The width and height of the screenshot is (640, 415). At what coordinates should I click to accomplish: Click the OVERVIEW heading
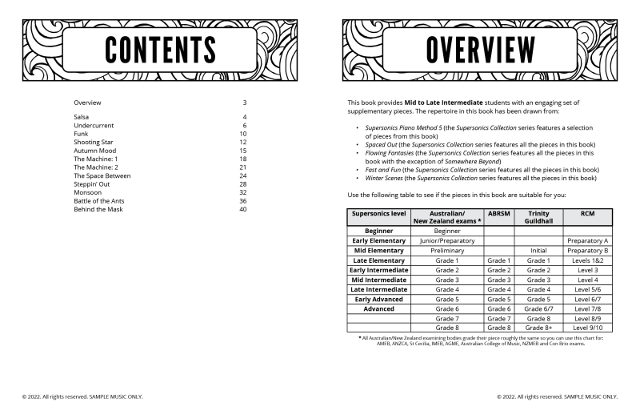480,50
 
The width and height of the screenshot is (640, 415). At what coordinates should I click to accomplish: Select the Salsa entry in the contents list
82,117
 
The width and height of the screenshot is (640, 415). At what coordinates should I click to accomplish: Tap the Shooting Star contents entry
93,142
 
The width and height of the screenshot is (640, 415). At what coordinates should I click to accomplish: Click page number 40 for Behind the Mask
243,209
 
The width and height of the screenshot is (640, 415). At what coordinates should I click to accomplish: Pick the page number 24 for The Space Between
243,175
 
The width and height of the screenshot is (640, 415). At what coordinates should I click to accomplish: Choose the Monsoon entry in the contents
87,192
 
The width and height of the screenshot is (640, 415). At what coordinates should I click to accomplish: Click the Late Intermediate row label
378,289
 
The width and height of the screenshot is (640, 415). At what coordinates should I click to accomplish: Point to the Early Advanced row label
378,299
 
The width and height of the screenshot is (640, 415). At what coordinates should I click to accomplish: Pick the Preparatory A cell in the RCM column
588,240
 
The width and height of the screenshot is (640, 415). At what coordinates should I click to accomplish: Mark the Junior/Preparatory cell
446,240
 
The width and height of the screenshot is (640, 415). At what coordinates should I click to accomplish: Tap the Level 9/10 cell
588,328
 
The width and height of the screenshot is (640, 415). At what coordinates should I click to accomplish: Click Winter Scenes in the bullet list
385,178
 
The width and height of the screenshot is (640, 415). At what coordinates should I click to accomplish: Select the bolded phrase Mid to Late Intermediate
443,103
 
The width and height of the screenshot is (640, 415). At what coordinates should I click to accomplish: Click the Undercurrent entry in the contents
94,125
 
